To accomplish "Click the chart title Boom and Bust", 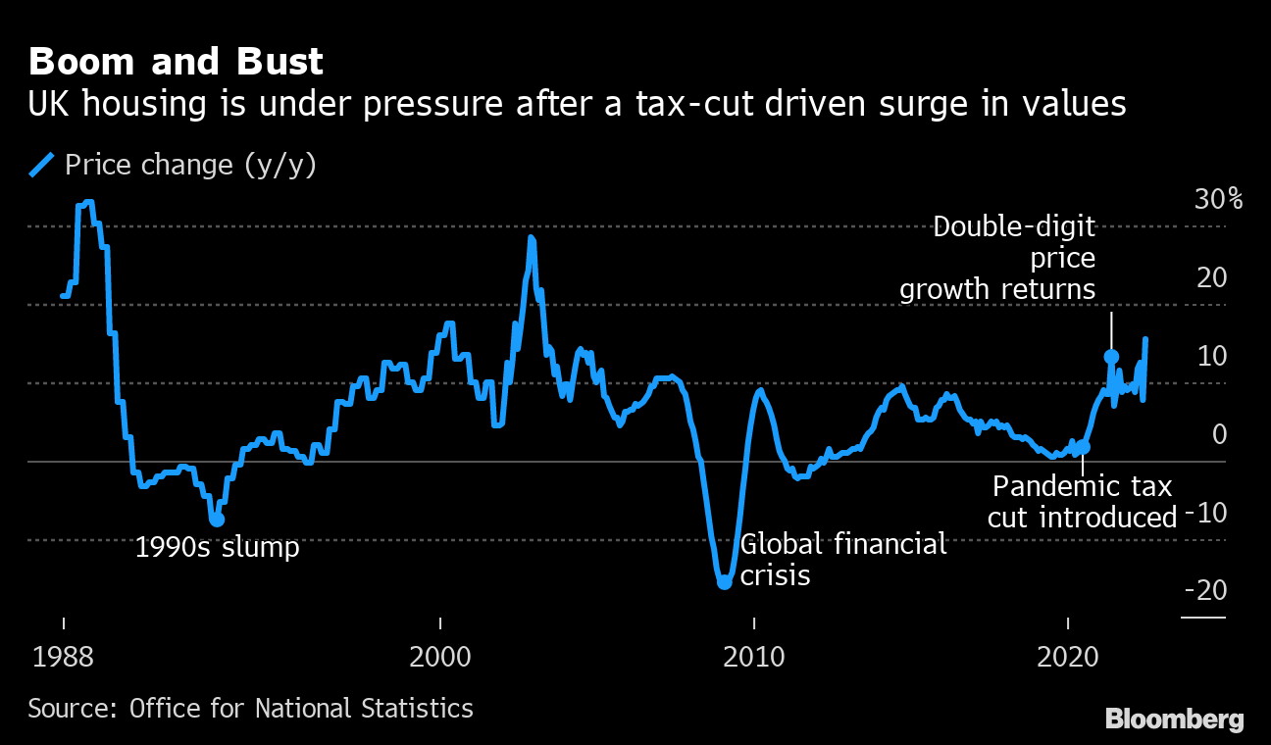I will tap(176, 63).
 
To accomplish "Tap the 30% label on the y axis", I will tap(1218, 200).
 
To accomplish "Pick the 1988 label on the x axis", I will tap(64, 655).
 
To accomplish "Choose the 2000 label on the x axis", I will tap(440, 655).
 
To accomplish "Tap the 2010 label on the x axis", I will tap(754, 655).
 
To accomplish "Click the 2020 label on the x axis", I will tap(1068, 655).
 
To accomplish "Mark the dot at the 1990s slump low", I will tap(217, 519).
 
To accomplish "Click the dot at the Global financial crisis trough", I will tap(725, 581).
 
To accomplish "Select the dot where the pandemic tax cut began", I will tap(1083, 447).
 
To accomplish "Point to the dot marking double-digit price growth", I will tap(1111, 357).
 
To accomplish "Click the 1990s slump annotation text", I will tap(217, 547).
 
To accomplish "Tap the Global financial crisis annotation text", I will tap(843, 559).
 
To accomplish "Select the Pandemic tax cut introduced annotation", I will tap(1083, 501).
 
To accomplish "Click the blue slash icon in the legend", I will tap(42, 165).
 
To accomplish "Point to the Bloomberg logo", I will tap(1174, 719).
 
